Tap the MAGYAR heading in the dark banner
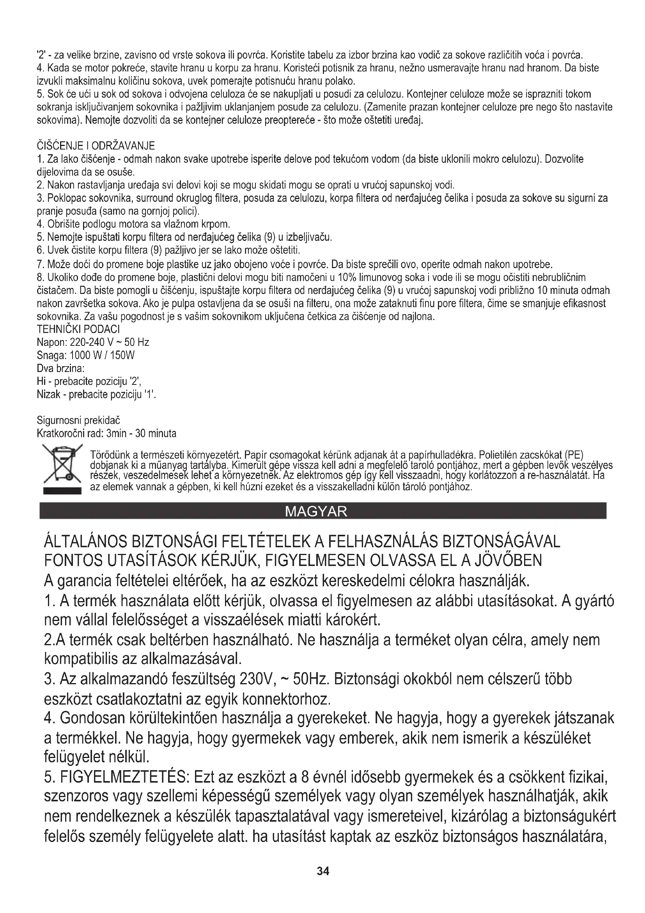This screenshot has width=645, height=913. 316,511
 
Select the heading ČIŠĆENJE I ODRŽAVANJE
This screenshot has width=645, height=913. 96,146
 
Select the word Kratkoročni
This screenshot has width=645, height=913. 61,433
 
